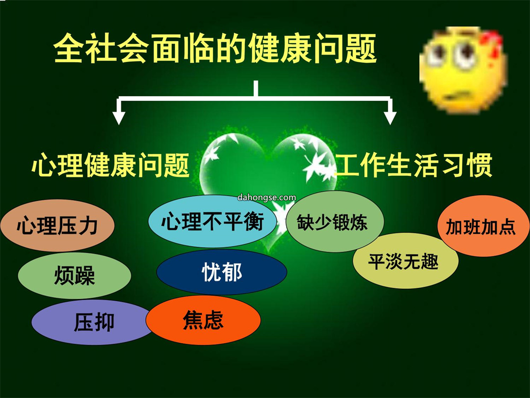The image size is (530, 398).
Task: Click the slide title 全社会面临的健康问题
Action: [215, 48]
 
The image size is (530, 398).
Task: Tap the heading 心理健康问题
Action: [110, 165]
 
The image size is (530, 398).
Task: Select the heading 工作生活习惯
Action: [413, 165]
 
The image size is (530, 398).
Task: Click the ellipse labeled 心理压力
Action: [57, 226]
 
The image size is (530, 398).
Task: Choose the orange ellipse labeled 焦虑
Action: [203, 320]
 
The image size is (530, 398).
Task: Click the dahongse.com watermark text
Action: [266, 198]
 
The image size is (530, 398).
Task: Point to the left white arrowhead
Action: [119, 118]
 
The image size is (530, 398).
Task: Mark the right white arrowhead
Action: [390, 118]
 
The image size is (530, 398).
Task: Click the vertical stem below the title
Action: [256, 88]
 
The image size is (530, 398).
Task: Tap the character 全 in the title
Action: [69, 48]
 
